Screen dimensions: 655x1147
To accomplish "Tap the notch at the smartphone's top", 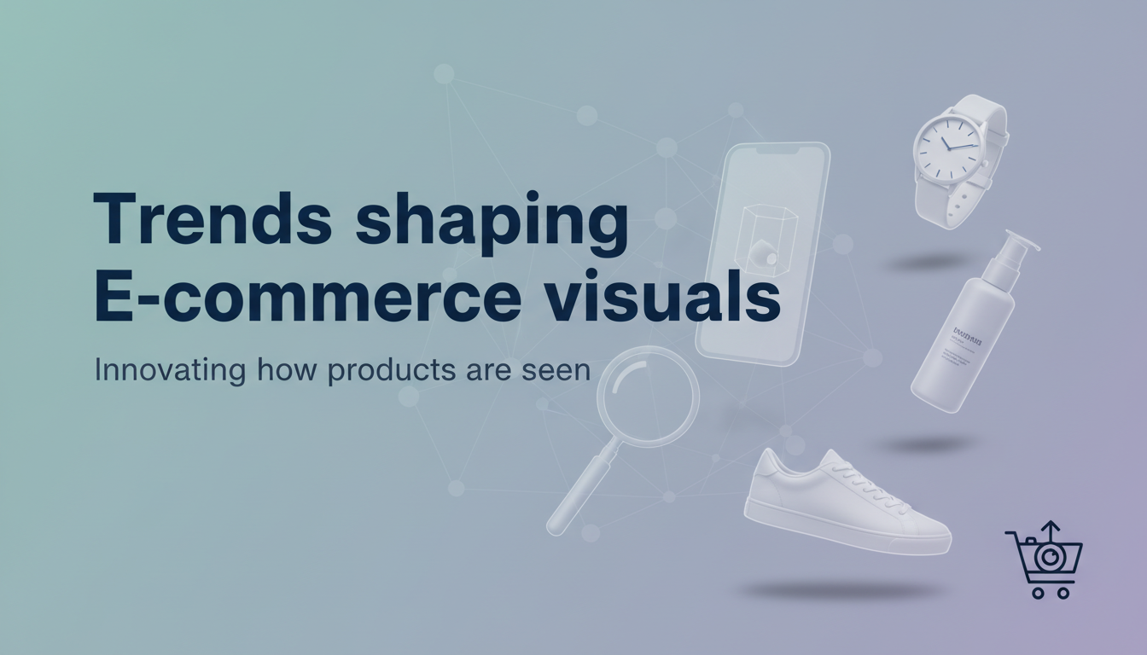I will coord(774,150).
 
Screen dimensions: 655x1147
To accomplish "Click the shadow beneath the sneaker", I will coord(841,589).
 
